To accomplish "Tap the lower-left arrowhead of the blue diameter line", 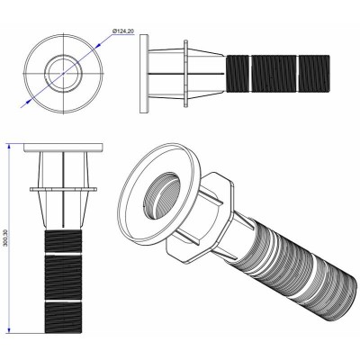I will click(32, 104).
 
